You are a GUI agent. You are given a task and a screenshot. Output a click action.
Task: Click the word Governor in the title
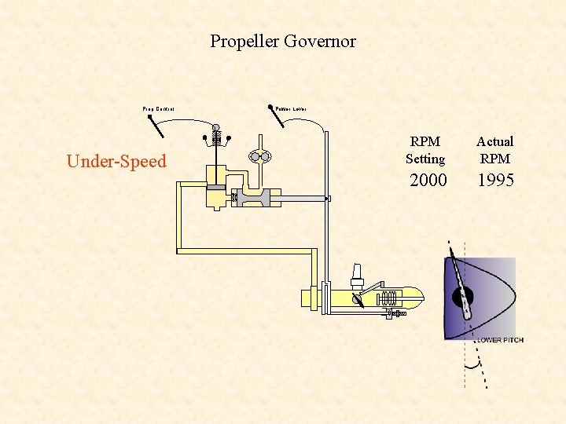(x=321, y=42)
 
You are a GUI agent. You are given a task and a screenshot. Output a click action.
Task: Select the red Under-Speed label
(x=116, y=162)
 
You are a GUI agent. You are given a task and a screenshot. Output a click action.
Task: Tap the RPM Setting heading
(x=425, y=150)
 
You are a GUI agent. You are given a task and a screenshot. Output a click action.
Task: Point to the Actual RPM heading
(x=494, y=150)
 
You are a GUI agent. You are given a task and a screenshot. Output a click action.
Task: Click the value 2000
(x=428, y=181)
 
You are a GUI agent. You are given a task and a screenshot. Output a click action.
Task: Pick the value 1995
(x=495, y=181)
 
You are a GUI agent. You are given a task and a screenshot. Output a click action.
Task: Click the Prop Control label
(x=158, y=109)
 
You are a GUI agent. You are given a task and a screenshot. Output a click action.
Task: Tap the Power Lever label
(x=291, y=108)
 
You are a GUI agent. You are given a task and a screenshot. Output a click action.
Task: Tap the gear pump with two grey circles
(x=260, y=156)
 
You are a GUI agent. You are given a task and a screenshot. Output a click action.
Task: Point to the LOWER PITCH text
(x=500, y=340)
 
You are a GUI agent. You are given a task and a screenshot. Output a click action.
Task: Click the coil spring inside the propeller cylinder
(x=388, y=299)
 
